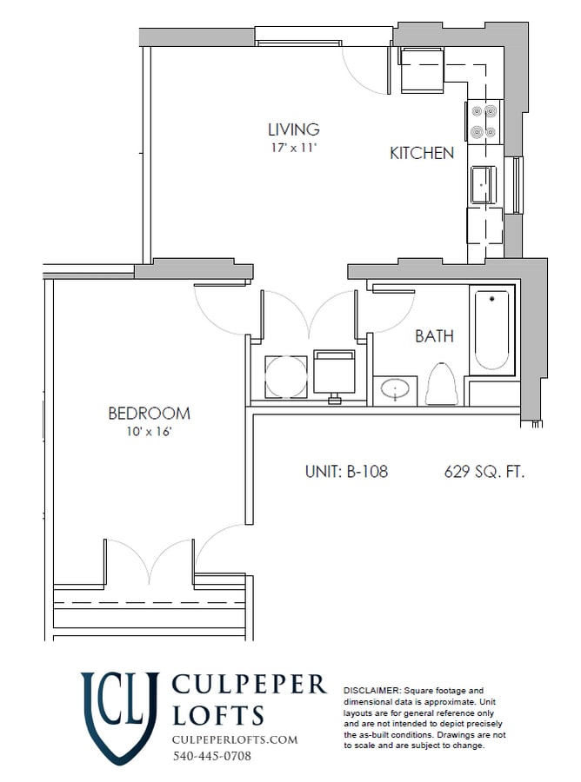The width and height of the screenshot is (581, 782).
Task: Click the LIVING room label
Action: [x=293, y=130]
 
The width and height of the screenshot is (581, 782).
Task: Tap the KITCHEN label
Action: [x=421, y=154]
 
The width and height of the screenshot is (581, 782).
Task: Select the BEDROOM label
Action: [x=149, y=414]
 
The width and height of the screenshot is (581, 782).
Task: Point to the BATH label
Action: [x=434, y=336]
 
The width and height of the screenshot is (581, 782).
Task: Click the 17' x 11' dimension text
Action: [x=293, y=149]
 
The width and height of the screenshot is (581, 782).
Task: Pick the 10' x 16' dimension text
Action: [x=149, y=432]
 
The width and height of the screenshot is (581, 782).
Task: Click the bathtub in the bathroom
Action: [x=492, y=330]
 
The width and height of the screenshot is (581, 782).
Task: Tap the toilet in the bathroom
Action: [x=444, y=384]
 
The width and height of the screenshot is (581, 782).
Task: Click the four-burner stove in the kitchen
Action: [x=484, y=122]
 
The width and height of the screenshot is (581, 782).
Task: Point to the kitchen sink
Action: [x=482, y=183]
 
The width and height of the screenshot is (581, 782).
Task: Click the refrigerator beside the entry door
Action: [x=422, y=70]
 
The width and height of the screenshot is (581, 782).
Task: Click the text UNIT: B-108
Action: [x=345, y=472]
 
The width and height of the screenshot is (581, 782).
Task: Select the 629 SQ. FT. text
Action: [x=484, y=472]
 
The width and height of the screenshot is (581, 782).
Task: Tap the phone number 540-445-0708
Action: [x=211, y=756]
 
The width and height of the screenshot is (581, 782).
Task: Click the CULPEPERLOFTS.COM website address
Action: [x=235, y=739]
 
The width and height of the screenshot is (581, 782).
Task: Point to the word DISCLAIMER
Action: [x=373, y=688]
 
